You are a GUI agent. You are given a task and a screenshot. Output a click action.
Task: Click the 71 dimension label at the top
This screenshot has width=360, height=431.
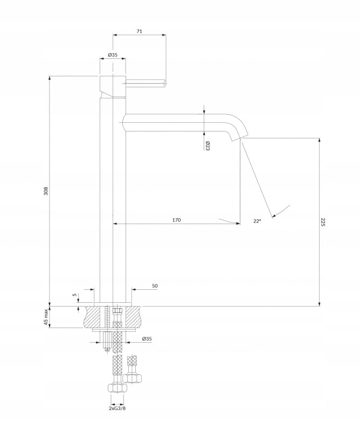[139, 32]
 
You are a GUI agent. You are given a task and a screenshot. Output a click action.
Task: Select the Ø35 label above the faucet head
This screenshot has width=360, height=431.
[113, 55]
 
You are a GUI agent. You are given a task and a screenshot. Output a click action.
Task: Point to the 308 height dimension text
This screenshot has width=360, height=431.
[46, 191]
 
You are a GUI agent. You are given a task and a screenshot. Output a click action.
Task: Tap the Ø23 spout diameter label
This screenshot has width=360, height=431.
[207, 145]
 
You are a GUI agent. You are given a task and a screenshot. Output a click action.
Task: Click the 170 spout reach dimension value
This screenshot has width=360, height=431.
[176, 220]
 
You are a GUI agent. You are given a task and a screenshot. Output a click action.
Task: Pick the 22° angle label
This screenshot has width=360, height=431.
[257, 220]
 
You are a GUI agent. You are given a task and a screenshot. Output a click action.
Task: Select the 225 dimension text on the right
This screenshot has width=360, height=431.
[323, 221]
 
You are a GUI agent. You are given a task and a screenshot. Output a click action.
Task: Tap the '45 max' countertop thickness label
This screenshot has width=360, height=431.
[46, 316]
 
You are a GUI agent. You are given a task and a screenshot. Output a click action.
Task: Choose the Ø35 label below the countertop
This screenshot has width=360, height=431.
[147, 339]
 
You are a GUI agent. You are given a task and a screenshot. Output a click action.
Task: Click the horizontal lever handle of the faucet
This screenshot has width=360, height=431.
[146, 82]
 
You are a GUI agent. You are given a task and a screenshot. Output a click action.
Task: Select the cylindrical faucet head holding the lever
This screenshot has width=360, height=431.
[113, 85]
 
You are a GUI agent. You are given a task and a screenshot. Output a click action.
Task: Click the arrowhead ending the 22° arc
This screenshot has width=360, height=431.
[273, 217]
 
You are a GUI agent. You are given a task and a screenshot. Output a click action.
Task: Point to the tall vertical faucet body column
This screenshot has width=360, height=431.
[113, 205]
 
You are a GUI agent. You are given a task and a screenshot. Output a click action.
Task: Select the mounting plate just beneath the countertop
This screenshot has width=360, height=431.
[113, 329]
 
